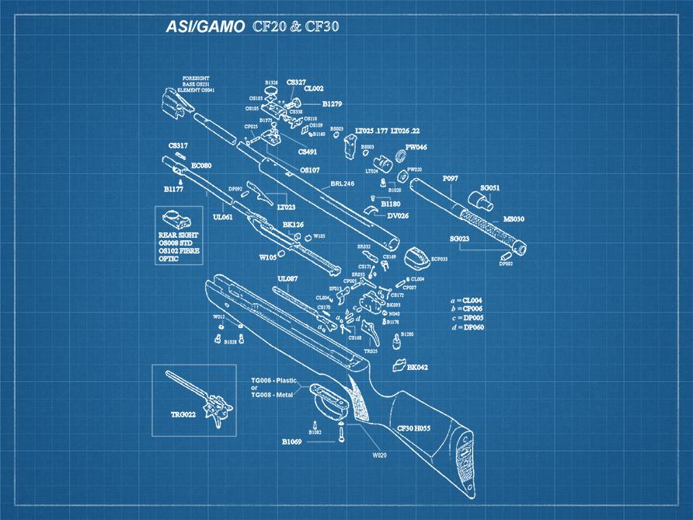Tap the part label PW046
click(x=416, y=147)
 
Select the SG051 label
click(x=489, y=188)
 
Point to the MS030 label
click(x=513, y=219)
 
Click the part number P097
click(x=450, y=179)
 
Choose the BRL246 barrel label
click(x=342, y=184)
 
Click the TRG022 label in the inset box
click(x=183, y=414)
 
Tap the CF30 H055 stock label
click(x=414, y=428)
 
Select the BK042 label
click(x=418, y=367)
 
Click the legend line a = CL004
click(x=466, y=300)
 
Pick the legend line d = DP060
click(x=466, y=327)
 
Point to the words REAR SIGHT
click(x=178, y=235)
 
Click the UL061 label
click(x=223, y=218)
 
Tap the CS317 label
click(x=178, y=145)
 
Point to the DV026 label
click(x=398, y=215)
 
